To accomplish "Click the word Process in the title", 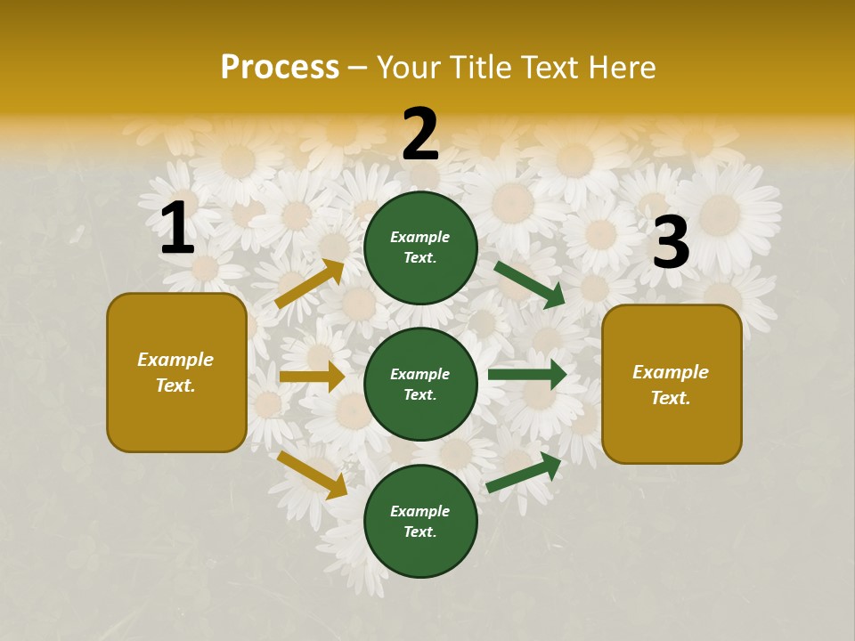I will [x=280, y=68].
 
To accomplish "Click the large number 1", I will [x=177, y=229].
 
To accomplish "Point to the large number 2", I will [x=420, y=134].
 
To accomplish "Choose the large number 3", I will [x=671, y=243].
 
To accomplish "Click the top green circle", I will [x=420, y=247].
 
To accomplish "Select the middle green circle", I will [x=420, y=384].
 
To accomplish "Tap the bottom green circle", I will [x=420, y=521].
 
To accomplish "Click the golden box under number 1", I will [x=176, y=372].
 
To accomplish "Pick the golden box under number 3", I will [x=672, y=384].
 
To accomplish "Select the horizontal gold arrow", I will [x=312, y=377].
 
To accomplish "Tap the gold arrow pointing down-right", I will [x=312, y=475].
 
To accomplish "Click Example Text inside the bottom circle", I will [x=420, y=522].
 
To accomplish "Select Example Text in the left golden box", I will [x=175, y=372].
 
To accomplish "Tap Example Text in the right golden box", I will [x=671, y=385].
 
